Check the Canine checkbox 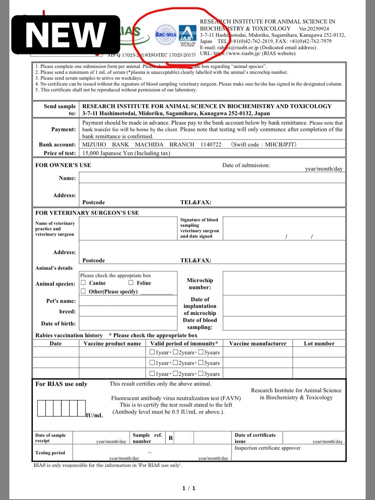coord(83,282)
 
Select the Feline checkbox coord(131,282)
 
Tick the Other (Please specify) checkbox coord(83,291)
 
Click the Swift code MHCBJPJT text coord(264,145)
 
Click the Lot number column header coord(319,343)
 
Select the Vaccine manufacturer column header coord(257,343)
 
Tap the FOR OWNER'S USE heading coord(63,165)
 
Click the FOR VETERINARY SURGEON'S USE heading coord(87,213)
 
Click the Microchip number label coord(200,284)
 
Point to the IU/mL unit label coord(95,415)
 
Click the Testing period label coord(50,453)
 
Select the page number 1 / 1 coord(189,488)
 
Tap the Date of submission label coord(246,165)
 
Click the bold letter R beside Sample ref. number coord(171,438)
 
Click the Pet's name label coord(61,301)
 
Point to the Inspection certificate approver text coord(268,448)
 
